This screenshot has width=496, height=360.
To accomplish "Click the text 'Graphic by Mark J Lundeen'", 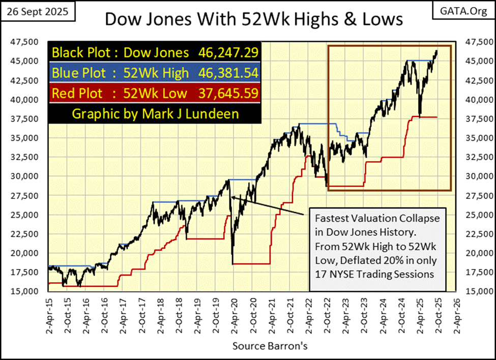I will coord(155,113).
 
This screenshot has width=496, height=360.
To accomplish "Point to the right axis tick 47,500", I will coord(472,42).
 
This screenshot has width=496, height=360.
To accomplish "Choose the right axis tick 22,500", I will coord(472,234).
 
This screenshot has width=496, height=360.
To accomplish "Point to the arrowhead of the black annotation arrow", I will coord(232,197).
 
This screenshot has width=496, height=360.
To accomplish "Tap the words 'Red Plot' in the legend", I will coord(73,93).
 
